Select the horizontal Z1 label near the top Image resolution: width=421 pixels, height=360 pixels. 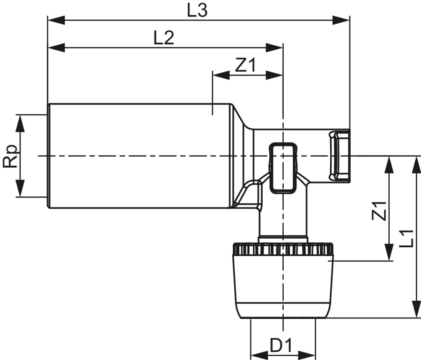pyautogui.click(x=245, y=65)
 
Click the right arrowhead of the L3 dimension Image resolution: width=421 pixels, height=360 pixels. pyautogui.click(x=342, y=19)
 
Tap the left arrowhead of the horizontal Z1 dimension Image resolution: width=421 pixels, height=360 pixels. pyautogui.click(x=220, y=75)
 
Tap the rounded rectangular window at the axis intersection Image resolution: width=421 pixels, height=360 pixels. pyautogui.click(x=282, y=167)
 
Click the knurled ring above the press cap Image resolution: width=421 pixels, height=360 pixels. pyautogui.click(x=282, y=249)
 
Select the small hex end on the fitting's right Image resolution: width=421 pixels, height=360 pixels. pyautogui.click(x=339, y=155)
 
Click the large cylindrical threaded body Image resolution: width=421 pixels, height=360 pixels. pyautogui.click(x=138, y=156)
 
